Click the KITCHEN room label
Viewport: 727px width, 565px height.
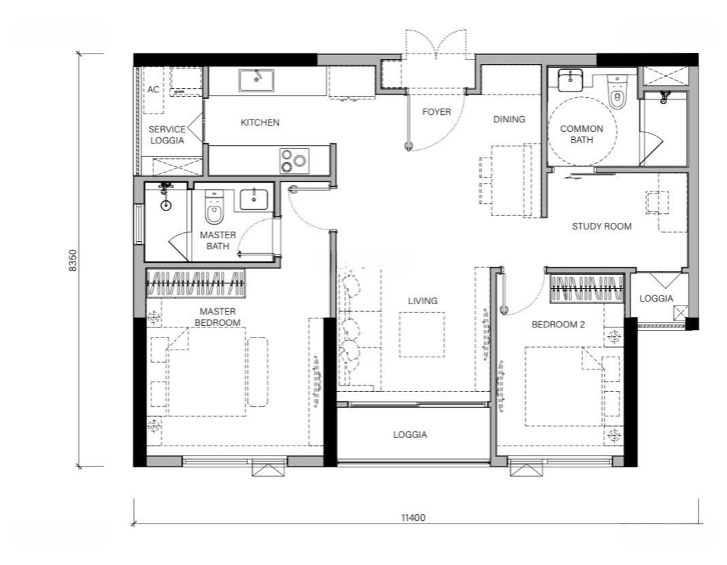pos(260,122)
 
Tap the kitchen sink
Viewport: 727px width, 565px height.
pos(256,81)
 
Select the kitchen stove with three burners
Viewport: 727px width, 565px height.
pos(294,161)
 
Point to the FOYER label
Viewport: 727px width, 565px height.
pos(436,111)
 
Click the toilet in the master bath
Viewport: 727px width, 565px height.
pos(214,207)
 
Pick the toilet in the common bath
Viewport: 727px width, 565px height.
pos(616,93)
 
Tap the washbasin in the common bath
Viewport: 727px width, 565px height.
pos(570,81)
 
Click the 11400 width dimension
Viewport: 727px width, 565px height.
pos(413,517)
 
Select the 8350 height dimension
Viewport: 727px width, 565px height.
pos(73,260)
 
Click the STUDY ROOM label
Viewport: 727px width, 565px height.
pos(601,226)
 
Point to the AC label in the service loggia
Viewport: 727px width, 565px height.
pos(153,89)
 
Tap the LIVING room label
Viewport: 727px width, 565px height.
pos(423,301)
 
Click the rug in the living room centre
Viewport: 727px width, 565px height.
pos(422,335)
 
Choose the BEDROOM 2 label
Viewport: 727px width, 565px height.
pos(558,325)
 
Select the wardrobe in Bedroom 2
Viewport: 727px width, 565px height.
pos(586,289)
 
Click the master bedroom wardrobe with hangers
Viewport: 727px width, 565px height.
pos(196,284)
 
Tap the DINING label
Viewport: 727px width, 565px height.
pos(509,119)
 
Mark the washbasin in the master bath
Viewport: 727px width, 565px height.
pos(253,200)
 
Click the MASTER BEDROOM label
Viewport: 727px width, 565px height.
pos(217,317)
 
